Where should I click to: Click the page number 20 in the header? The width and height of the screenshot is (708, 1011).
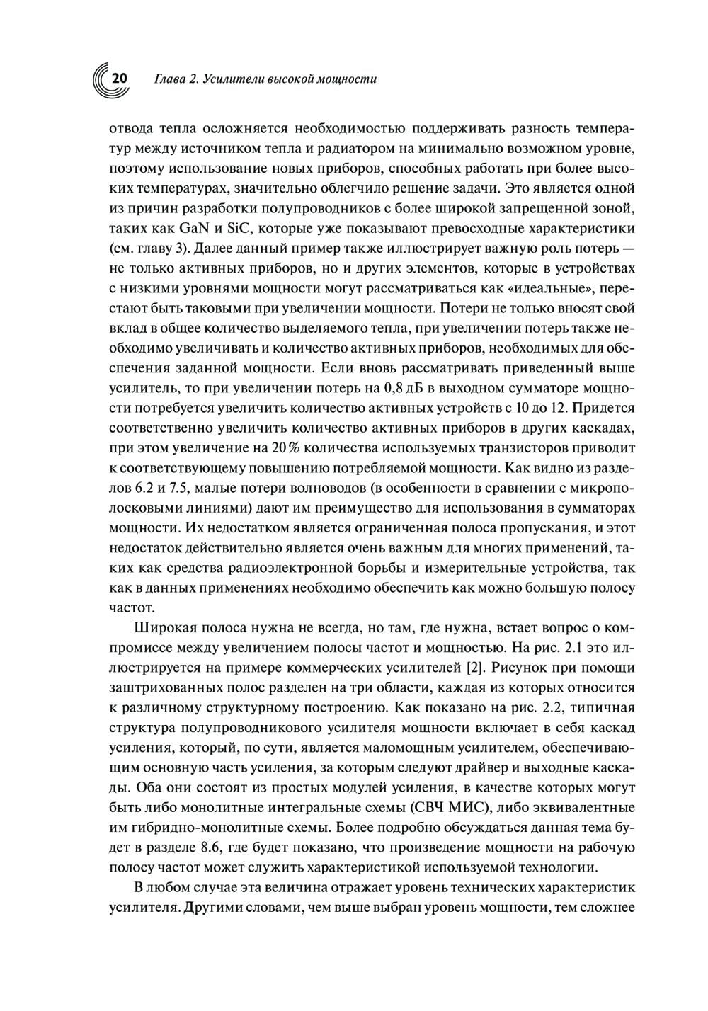(118, 79)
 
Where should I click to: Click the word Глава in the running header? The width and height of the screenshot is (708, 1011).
(169, 79)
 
